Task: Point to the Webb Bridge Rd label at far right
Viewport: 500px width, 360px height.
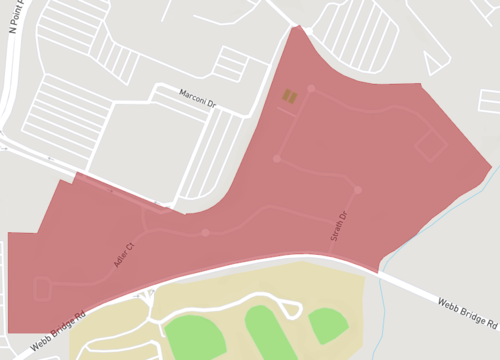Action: click(x=467, y=312)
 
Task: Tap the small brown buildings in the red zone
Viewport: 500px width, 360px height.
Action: click(x=289, y=96)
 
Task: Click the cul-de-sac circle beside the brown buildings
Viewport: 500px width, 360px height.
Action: click(x=311, y=89)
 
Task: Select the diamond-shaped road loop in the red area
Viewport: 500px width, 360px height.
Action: click(x=430, y=145)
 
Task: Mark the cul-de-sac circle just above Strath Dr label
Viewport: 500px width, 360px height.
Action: click(x=357, y=189)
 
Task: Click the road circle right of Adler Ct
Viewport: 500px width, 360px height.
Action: click(x=205, y=233)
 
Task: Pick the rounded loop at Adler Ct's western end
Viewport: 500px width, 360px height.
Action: click(x=43, y=288)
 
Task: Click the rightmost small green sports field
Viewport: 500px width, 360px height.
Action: click(x=327, y=323)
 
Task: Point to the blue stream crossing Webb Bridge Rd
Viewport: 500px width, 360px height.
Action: click(x=383, y=285)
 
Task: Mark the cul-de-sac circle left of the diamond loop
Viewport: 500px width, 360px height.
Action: click(x=277, y=158)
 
